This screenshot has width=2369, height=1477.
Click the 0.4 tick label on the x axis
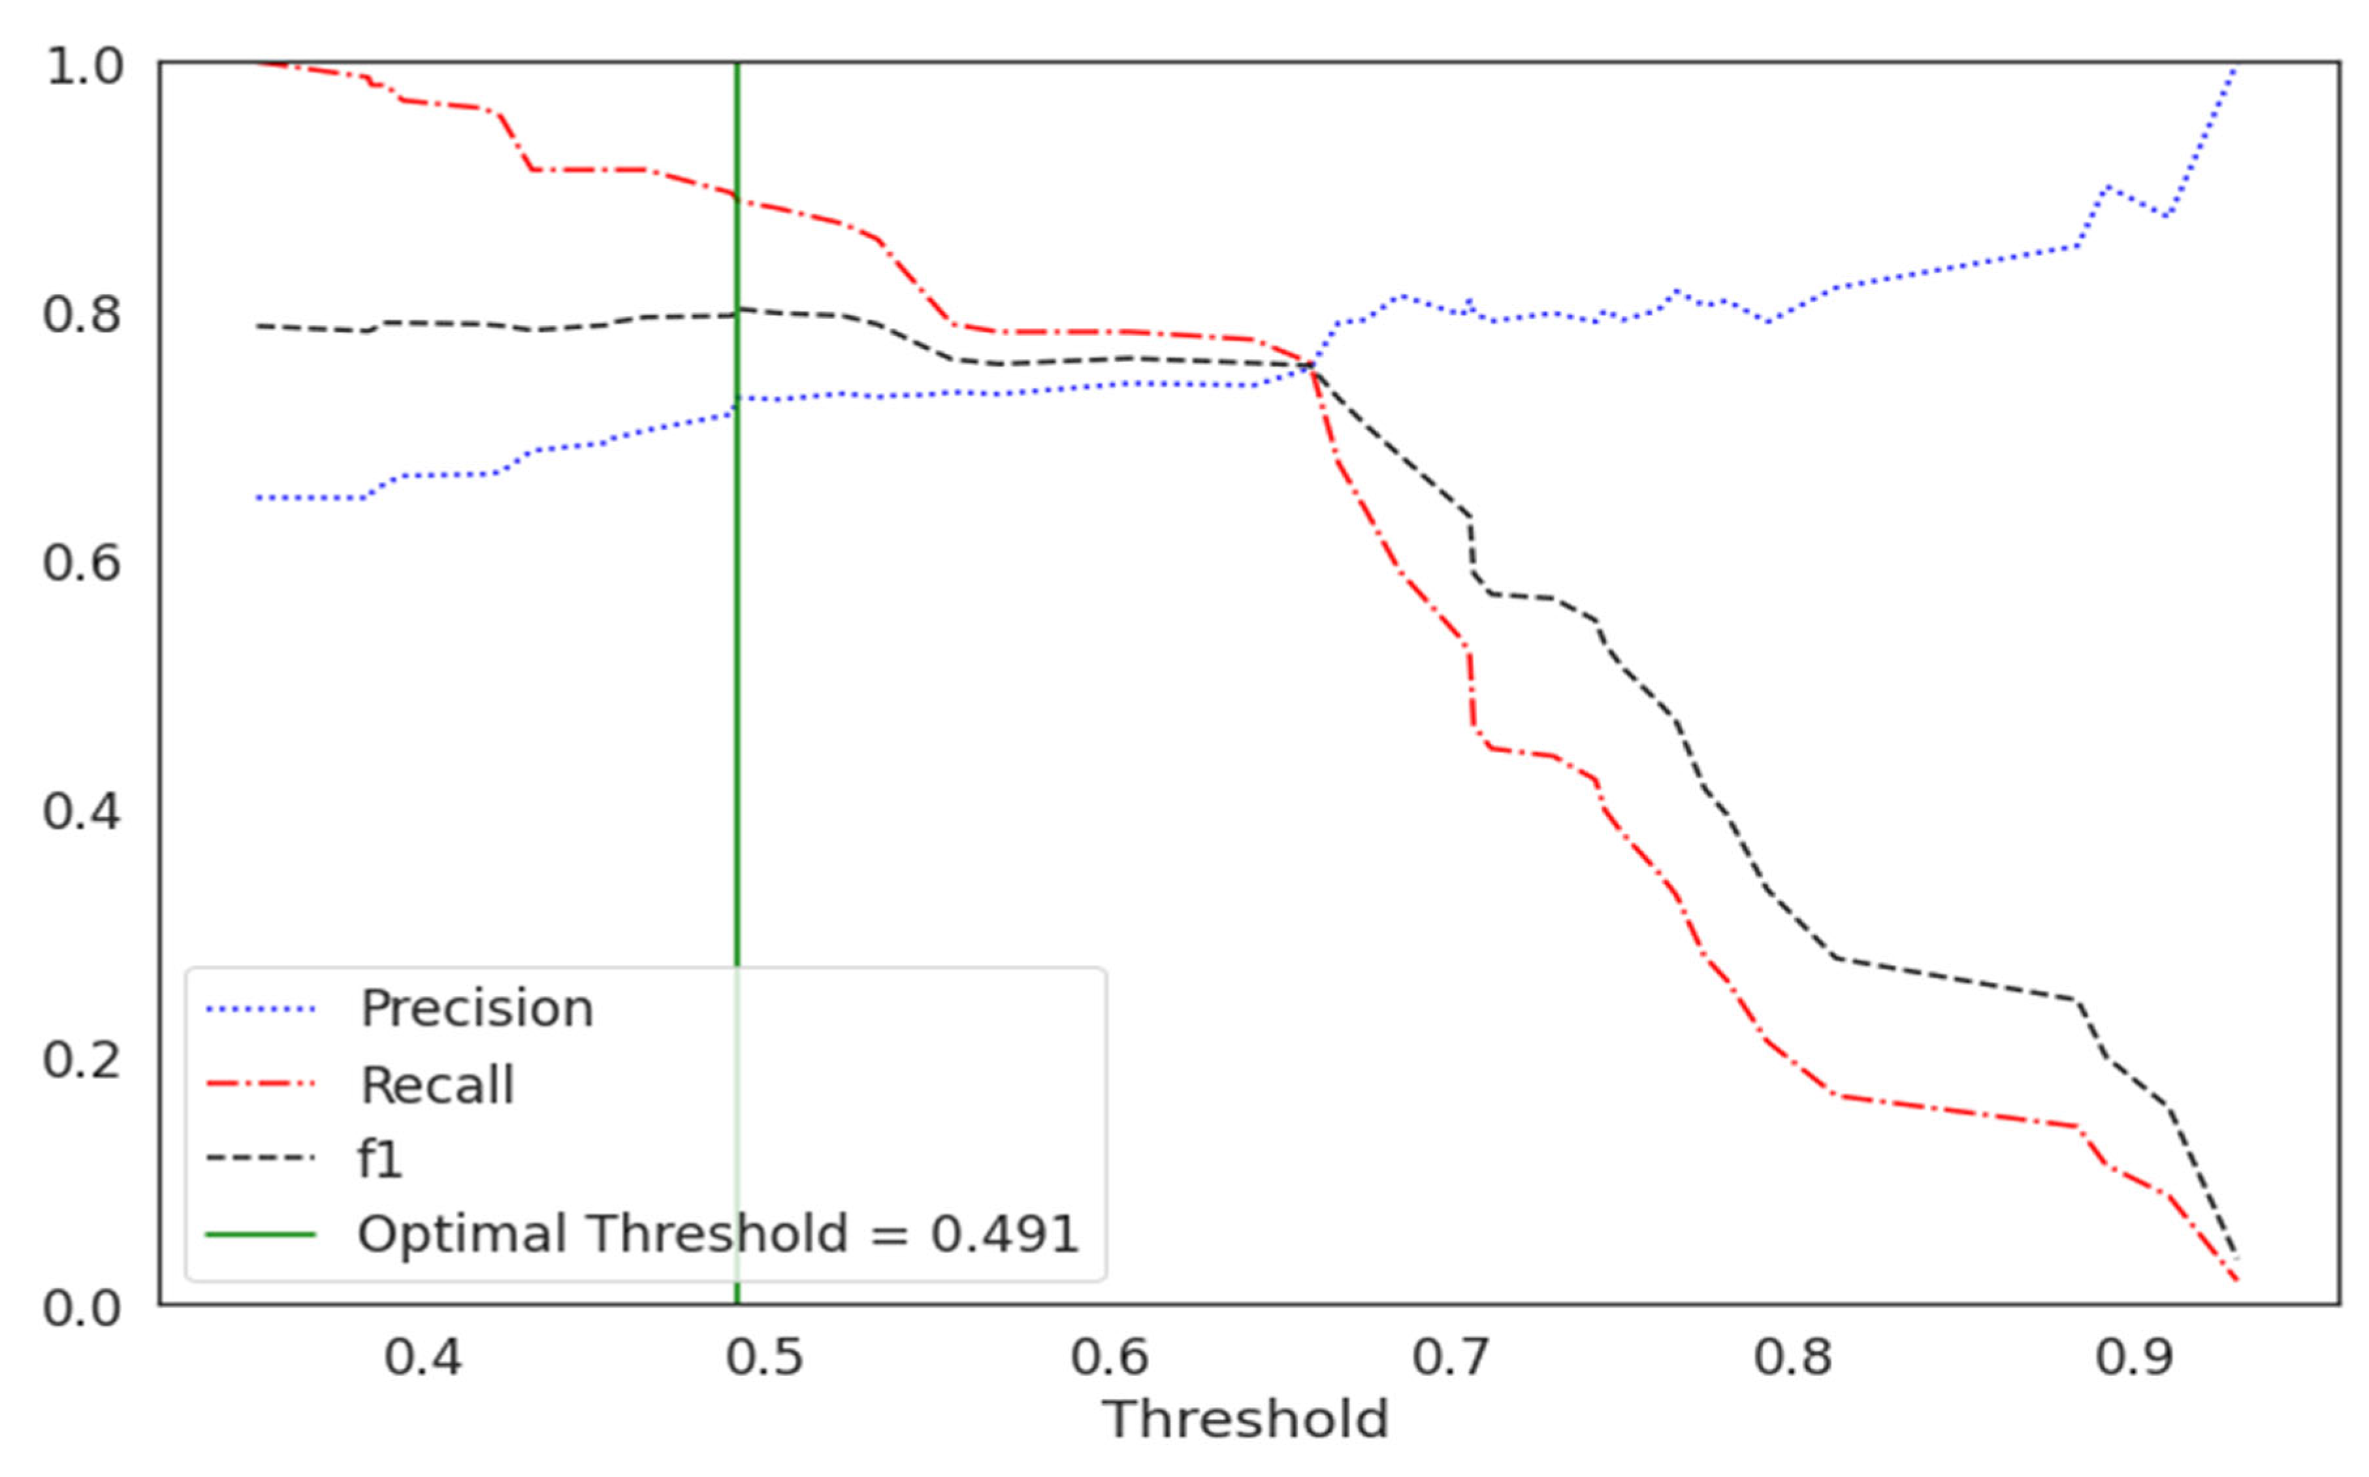coord(422,1359)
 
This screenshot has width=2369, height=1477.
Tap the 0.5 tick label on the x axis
coord(765,1359)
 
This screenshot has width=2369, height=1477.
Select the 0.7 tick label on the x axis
coord(1450,1359)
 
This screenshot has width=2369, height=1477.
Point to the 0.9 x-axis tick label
coord(2135,1359)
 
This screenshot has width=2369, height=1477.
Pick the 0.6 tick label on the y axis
coord(82,564)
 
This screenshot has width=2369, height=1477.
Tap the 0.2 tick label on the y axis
coord(82,1060)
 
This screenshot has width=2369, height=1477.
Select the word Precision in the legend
coord(477,1008)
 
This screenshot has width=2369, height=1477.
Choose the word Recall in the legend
coord(436,1085)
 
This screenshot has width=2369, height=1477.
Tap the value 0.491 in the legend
coord(1004,1234)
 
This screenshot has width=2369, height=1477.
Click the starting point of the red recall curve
coord(259,63)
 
